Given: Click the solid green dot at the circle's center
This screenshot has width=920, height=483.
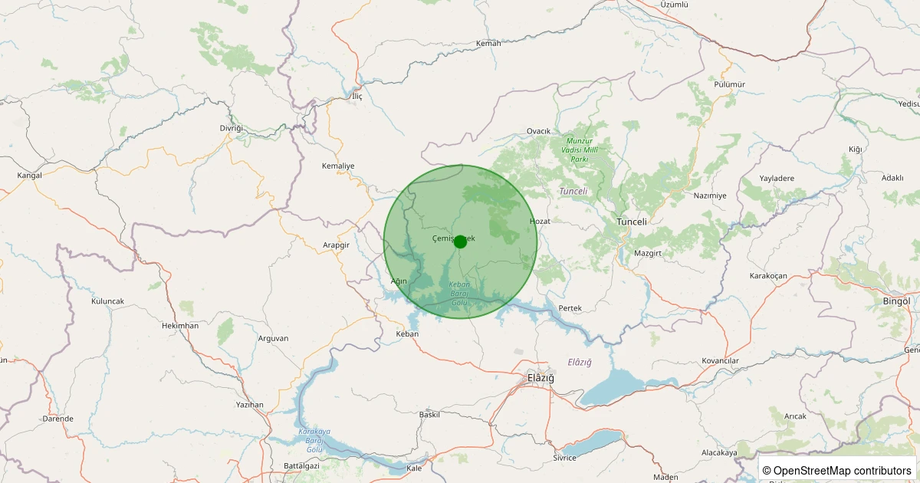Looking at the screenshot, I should [460, 242].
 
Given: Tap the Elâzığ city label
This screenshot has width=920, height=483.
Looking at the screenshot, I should [540, 379].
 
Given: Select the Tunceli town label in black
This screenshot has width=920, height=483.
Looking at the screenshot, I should [632, 222].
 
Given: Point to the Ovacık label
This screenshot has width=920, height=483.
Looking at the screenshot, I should [539, 131].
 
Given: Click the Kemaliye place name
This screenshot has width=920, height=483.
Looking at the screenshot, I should [338, 166].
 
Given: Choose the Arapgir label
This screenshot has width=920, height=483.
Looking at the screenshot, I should [336, 245].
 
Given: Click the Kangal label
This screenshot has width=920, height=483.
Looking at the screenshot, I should [29, 176].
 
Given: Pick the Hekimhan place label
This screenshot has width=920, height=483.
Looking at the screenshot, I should [180, 326].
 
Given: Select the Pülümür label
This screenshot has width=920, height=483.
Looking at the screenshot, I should [729, 84].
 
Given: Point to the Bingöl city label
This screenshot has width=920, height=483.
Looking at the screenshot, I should [896, 301].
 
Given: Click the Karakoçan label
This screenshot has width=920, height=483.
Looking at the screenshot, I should [768, 275].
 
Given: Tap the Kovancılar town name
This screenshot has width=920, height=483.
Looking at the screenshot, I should [720, 361].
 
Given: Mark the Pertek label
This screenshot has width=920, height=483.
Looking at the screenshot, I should [570, 307].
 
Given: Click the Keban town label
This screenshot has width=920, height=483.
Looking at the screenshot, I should [407, 334].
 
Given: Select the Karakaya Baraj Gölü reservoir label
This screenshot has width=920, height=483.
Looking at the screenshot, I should [314, 439].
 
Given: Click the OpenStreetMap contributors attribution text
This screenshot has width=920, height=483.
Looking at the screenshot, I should [836, 470].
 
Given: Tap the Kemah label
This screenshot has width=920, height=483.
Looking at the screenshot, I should [488, 43].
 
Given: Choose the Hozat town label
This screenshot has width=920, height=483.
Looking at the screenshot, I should [540, 221].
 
